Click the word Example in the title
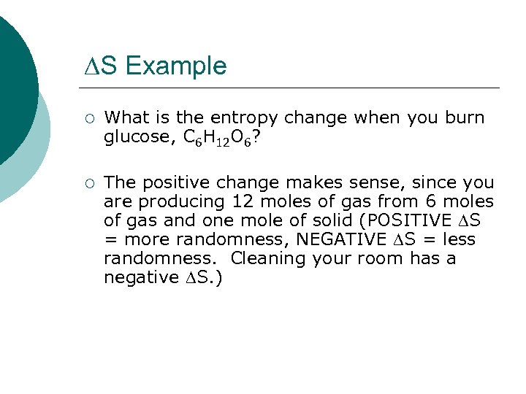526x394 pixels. tap(175, 66)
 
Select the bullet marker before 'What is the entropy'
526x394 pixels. tap(88, 118)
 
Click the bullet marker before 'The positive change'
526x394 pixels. tap(88, 182)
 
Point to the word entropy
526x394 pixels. tap(245, 118)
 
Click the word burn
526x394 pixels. tap(462, 118)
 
